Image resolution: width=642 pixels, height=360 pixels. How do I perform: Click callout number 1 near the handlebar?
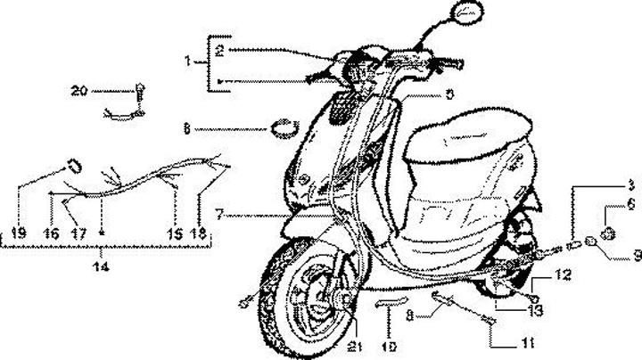(188, 61)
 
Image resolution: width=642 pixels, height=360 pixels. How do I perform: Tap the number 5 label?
(449, 94)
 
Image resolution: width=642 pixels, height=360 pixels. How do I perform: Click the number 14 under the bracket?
(102, 266)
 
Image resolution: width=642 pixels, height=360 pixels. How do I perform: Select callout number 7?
(218, 215)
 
